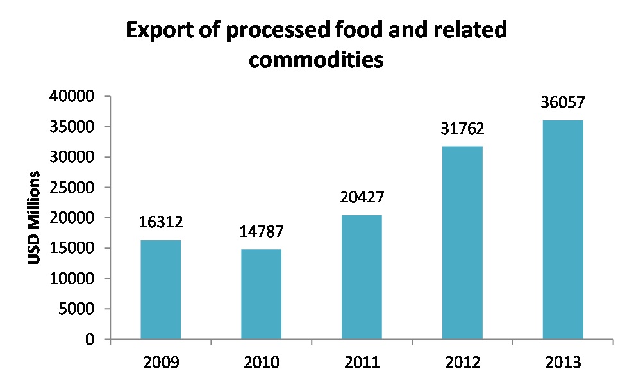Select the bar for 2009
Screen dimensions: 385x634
(x=161, y=290)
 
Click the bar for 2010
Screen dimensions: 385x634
(x=262, y=294)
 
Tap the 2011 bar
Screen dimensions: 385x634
(x=362, y=277)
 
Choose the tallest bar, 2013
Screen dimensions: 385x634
(x=563, y=229)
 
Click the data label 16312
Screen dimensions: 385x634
(x=161, y=223)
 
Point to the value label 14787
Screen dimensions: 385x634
(x=262, y=232)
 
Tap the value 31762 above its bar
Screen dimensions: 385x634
(x=462, y=129)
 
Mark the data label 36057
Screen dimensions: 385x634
(x=563, y=103)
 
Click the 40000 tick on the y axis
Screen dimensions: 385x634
(x=72, y=97)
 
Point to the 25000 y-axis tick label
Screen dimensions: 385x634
(x=72, y=188)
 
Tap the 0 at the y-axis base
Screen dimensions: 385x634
(x=90, y=340)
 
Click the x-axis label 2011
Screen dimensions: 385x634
(x=362, y=363)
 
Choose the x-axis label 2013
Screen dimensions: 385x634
(x=563, y=363)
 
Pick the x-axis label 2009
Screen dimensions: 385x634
(x=161, y=363)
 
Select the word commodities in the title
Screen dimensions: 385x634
(x=316, y=60)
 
